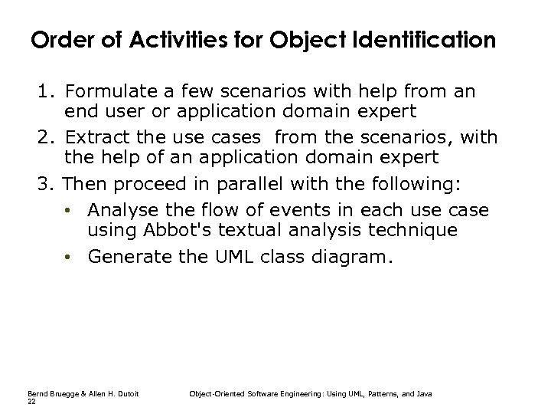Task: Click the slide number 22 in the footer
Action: (x=31, y=401)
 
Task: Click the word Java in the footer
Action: (x=424, y=394)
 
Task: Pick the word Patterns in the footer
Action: (x=379, y=394)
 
